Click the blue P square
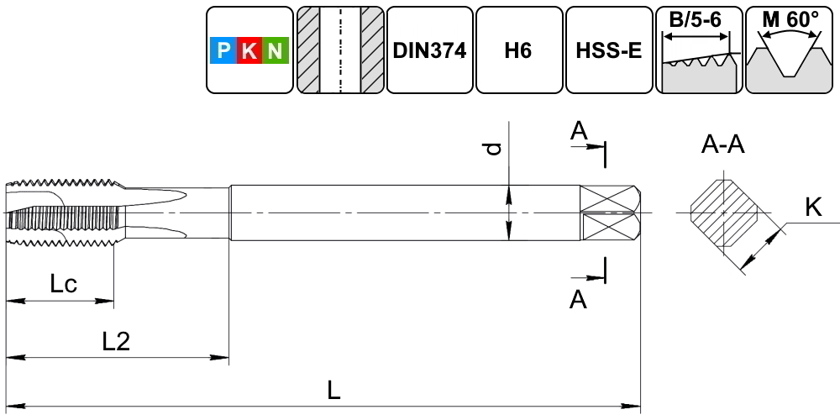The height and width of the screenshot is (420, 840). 223,52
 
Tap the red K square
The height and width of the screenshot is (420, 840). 249,52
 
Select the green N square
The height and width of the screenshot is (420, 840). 276,52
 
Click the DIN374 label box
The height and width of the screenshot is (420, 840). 429,50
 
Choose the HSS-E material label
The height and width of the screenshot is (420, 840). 609,50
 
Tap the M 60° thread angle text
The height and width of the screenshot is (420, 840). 790,19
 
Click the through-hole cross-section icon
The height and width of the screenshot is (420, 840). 339,50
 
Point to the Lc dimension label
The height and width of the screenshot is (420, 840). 64,284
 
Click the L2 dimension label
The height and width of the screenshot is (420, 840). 116,341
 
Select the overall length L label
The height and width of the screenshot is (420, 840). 334,390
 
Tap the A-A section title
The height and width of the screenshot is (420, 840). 723,145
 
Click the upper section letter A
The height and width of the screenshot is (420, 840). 578,130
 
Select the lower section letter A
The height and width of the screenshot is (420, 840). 578,300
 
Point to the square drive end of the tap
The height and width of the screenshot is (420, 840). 612,213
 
